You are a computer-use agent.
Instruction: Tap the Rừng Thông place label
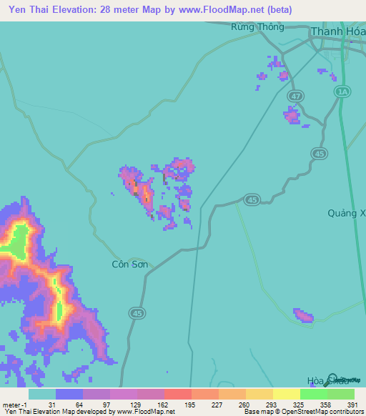[258, 27]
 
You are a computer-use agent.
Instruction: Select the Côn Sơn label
[130, 264]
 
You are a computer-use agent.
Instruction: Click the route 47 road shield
[296, 96]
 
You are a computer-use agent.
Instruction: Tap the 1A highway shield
[344, 92]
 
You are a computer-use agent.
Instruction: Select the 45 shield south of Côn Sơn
[137, 312]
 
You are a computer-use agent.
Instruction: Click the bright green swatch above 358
[313, 394]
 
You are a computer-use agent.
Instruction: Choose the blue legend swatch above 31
[69, 394]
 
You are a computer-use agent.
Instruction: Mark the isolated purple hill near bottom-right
[303, 315]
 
